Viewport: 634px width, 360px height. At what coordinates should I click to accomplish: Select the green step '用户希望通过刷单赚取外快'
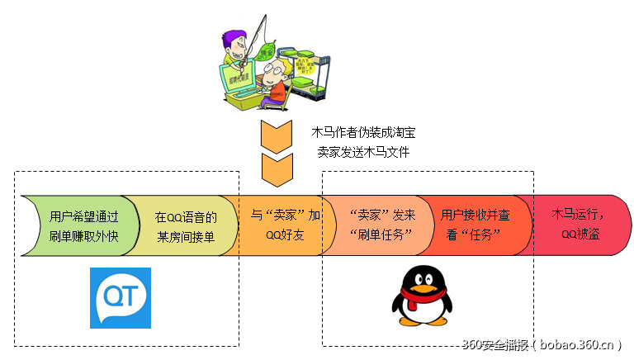(x=83, y=225)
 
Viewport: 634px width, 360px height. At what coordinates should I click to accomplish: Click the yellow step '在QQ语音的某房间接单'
(x=185, y=225)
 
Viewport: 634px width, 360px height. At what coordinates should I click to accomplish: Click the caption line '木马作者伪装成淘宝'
(x=364, y=131)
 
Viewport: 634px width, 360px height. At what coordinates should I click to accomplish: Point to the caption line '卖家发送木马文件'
(x=363, y=153)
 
